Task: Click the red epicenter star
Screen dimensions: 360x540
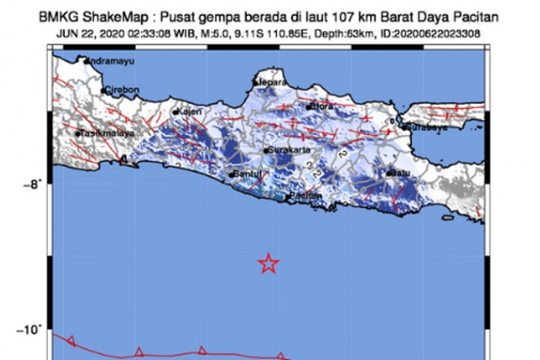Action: [269, 263]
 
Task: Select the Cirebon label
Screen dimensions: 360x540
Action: [122, 89]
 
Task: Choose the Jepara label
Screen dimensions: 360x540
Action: [269, 83]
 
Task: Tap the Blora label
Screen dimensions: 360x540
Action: [323, 106]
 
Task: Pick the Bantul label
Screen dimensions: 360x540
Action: [246, 174]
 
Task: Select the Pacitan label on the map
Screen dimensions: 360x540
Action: [305, 196]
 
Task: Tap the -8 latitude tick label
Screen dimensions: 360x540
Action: [36, 183]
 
